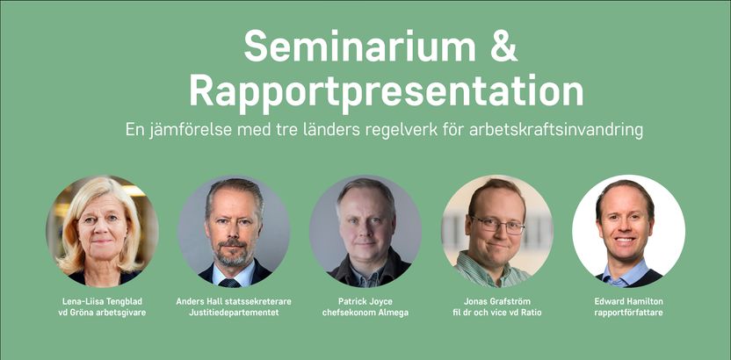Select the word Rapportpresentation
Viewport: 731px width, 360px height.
coord(387,90)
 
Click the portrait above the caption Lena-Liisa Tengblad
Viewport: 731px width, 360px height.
coord(102,231)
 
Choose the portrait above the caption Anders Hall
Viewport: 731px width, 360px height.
coord(234,231)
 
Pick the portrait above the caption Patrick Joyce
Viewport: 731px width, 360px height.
coord(365,231)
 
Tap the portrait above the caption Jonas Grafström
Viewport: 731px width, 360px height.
coord(497,231)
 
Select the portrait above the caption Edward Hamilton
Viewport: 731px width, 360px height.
coord(628,231)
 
